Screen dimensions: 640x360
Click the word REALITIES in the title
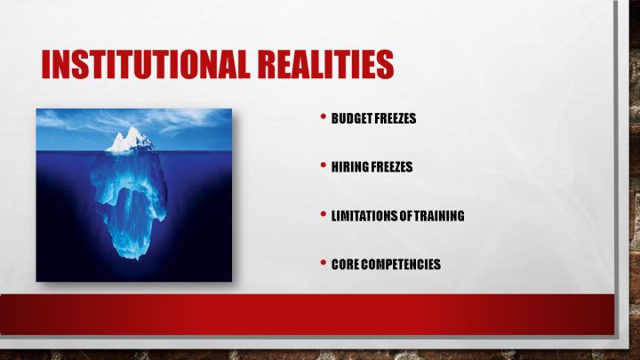tap(326, 64)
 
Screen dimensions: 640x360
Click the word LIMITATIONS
tap(364, 215)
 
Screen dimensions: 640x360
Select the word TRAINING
tap(439, 215)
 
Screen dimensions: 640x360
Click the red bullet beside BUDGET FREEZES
tap(324, 116)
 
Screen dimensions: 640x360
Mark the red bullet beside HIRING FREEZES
tap(324, 165)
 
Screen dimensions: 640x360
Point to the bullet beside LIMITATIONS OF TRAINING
tap(324, 214)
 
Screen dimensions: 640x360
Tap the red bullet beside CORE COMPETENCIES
tap(324, 262)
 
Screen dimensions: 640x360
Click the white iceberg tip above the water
tap(130, 140)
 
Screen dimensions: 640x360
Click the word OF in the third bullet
tap(405, 215)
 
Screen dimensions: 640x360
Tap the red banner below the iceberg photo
tap(307, 315)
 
